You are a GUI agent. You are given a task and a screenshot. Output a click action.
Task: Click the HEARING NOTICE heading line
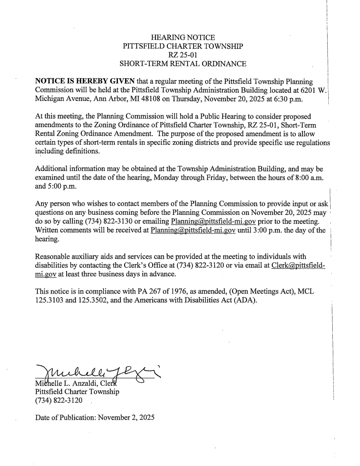183,37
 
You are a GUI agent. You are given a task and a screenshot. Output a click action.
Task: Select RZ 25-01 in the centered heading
183,55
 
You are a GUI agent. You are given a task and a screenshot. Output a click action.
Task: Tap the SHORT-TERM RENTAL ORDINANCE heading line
183,64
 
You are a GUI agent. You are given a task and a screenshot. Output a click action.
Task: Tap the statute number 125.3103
51,303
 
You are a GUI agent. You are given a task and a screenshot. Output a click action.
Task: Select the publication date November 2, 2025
124,418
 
